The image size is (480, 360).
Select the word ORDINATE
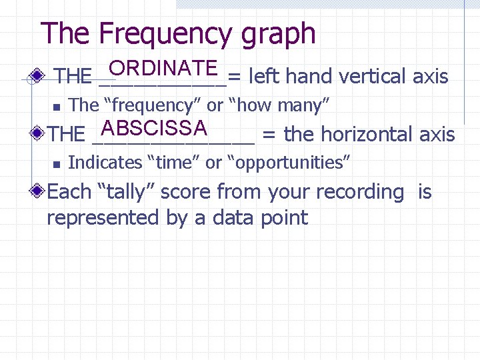[164, 69]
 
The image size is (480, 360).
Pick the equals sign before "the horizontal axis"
[269, 135]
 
